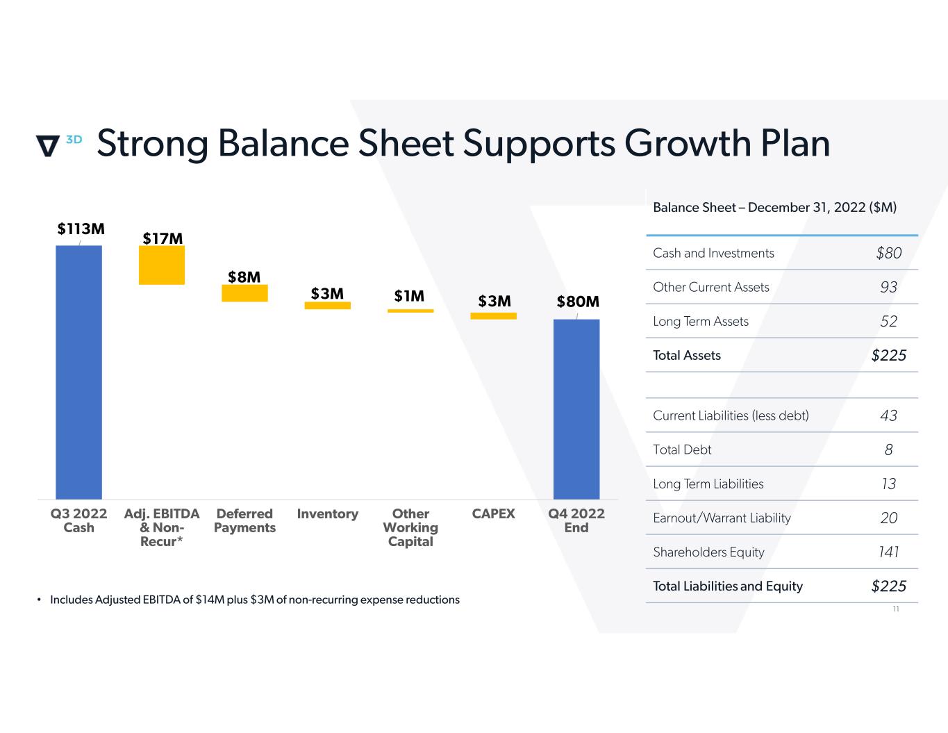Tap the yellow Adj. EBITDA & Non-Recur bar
(162, 265)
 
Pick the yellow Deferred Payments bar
(244, 293)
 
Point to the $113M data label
(81, 229)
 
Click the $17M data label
(163, 238)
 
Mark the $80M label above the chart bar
(578, 302)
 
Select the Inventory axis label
(327, 513)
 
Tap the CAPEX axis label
(493, 513)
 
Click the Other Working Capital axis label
(410, 527)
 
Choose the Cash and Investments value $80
(889, 253)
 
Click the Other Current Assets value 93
(889, 287)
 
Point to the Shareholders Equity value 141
(889, 552)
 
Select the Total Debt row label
(682, 450)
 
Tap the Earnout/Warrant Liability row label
(722, 518)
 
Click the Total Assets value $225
(889, 355)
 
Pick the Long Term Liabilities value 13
(889, 484)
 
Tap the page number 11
(896, 609)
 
